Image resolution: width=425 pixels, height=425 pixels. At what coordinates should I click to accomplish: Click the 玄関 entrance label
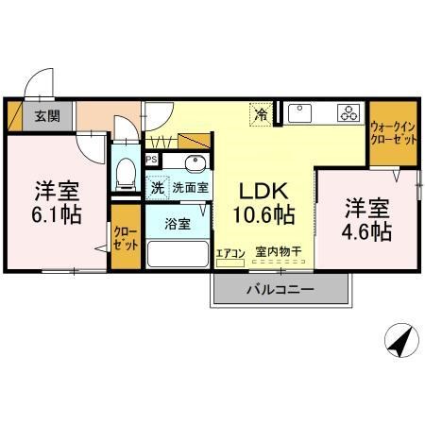tap(47, 116)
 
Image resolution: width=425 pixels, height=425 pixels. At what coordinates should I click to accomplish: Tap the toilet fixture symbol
tap(124, 171)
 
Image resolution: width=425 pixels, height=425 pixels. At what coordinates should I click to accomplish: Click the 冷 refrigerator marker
tap(261, 115)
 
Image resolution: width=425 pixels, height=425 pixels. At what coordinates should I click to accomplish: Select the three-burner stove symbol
tap(348, 113)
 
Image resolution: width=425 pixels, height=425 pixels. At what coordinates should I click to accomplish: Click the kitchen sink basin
tap(301, 113)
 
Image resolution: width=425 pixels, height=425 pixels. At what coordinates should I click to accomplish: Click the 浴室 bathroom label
tap(177, 225)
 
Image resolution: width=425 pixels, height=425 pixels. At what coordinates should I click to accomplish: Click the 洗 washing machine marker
tap(157, 187)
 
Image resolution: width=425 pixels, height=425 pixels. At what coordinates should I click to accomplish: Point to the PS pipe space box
tap(151, 161)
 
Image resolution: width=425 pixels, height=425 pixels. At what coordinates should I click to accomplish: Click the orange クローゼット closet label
tap(125, 237)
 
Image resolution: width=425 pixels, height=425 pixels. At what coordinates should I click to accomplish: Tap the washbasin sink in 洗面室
tap(192, 161)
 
